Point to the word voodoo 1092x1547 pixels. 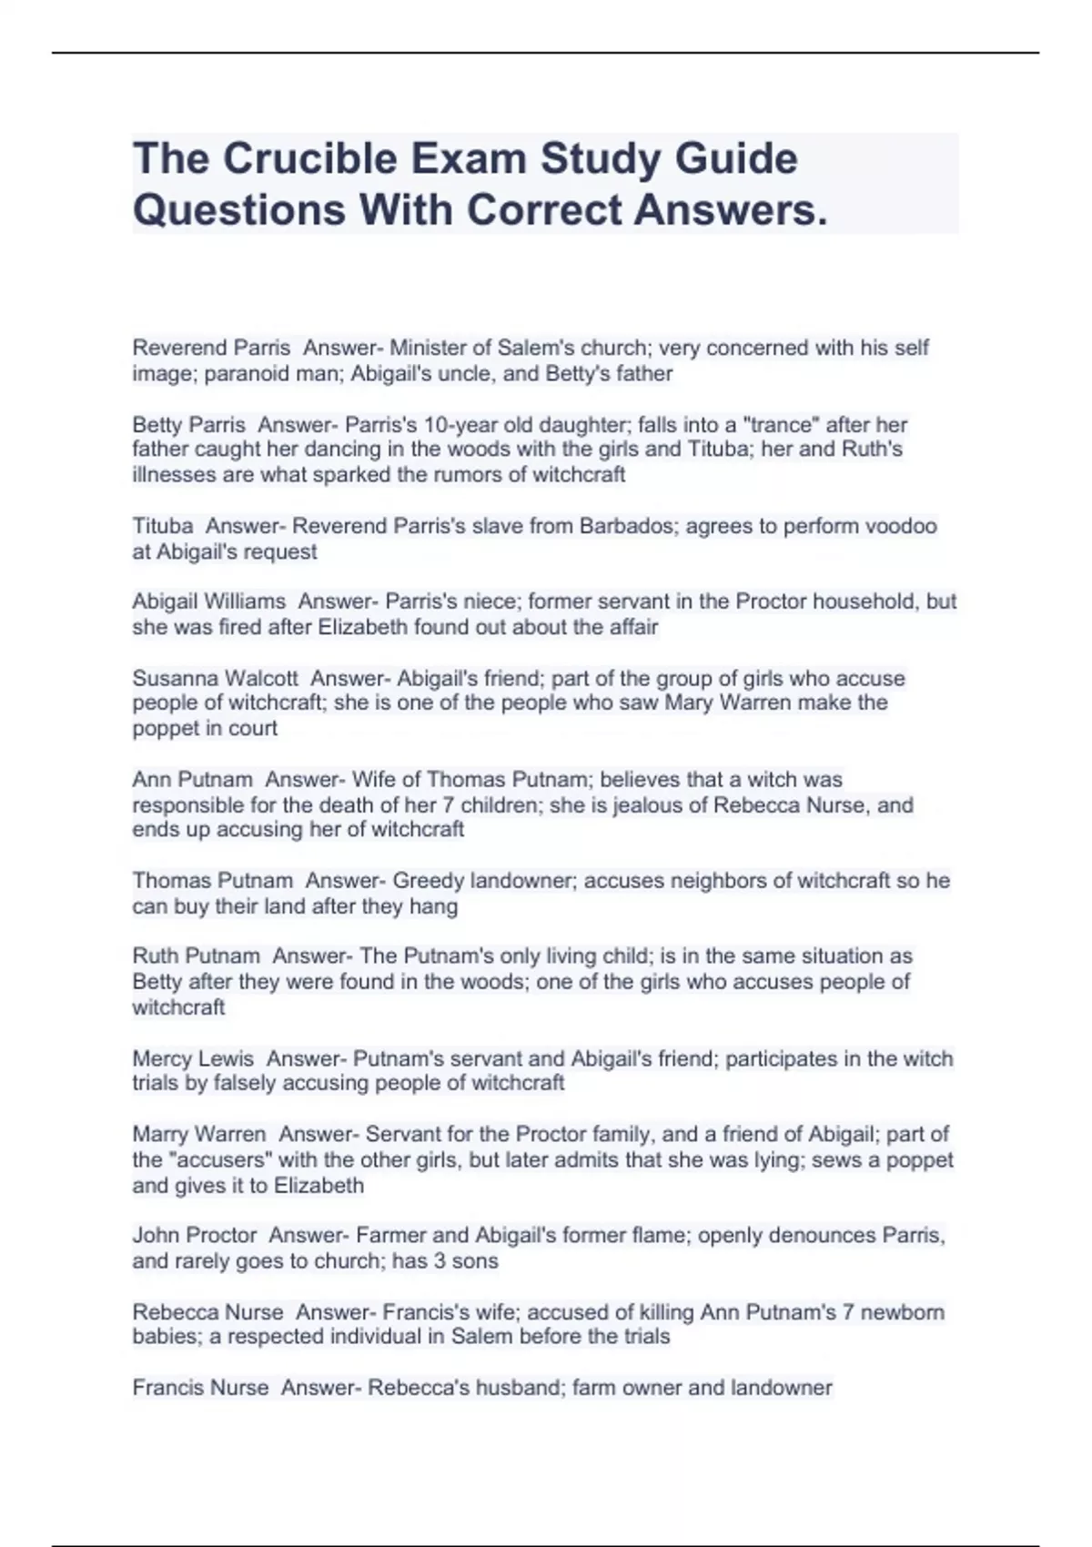900,526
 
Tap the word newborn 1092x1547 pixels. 903,1312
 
